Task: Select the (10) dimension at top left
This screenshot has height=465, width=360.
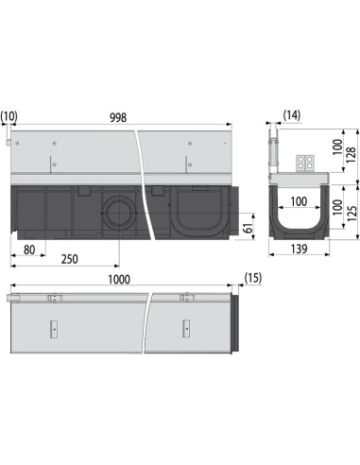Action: coord(9,117)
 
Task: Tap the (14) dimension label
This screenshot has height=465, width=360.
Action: coord(292,115)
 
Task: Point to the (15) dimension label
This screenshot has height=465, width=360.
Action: coord(252,278)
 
